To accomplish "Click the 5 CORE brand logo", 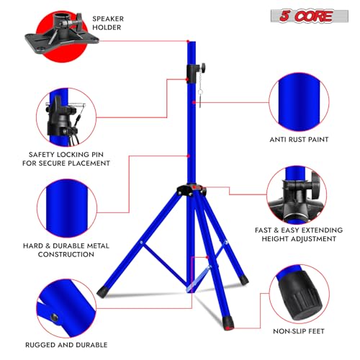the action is click(x=309, y=16).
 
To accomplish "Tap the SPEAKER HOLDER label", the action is click(x=108, y=23).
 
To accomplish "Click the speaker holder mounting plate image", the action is click(x=62, y=34).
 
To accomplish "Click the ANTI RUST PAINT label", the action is click(x=299, y=140).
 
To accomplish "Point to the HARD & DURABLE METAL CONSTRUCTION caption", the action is click(x=66, y=250).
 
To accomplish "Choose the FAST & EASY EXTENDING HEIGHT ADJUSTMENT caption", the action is click(x=299, y=235).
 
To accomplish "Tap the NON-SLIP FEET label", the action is click(x=299, y=331).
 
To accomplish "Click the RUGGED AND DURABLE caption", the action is click(x=66, y=345).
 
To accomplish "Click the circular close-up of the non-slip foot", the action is click(x=299, y=294).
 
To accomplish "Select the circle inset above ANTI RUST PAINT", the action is click(x=299, y=102).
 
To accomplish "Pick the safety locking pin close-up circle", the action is click(x=66, y=117).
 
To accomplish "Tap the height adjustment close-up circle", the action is click(x=297, y=195).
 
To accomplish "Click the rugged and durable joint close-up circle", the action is click(x=66, y=308).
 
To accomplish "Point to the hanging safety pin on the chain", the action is click(x=200, y=99).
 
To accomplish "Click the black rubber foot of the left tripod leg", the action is click(x=102, y=292).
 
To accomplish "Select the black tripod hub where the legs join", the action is click(x=192, y=190).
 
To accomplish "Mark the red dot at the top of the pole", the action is click(x=188, y=41).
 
